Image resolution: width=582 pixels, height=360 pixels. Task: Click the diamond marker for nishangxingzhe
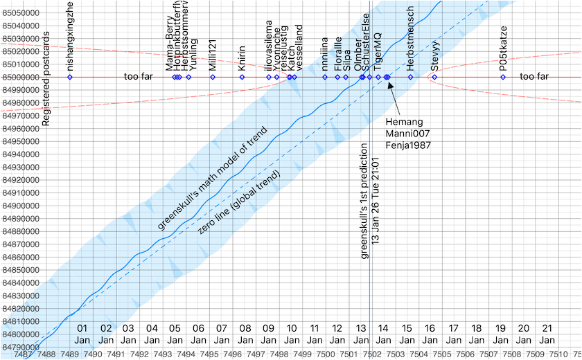70,77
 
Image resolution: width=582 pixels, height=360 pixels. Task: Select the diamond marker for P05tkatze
503,77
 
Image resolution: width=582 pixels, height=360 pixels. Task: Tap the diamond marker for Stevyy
434,77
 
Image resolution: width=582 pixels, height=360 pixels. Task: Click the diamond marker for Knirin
242,77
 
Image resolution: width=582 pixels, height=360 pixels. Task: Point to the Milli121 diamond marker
213,77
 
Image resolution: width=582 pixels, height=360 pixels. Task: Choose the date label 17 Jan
453,334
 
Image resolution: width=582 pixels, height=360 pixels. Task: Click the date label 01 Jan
82,334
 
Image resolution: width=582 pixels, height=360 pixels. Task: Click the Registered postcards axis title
46,80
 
